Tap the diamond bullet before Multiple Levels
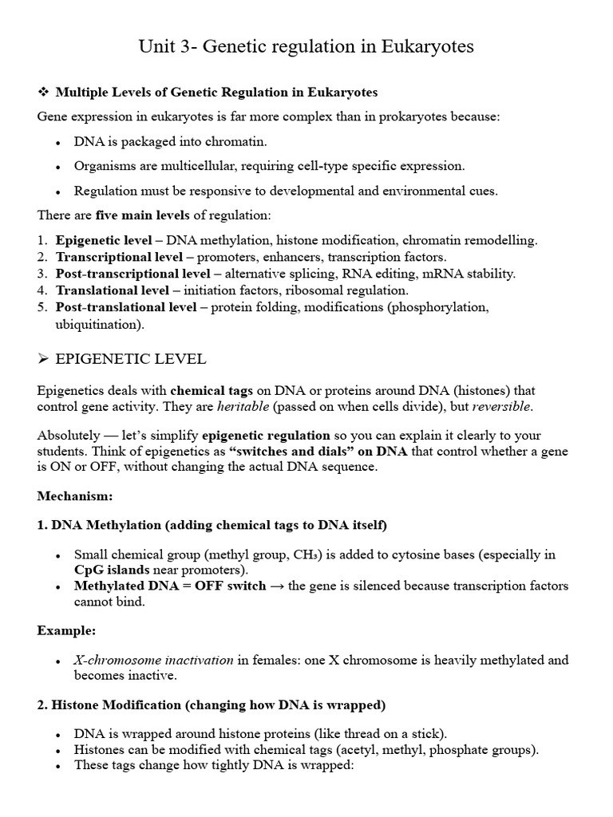pyautogui.click(x=44, y=93)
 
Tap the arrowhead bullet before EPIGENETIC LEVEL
pyautogui.click(x=44, y=360)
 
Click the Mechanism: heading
pyautogui.click(x=75, y=495)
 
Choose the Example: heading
pyautogui.click(x=66, y=630)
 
